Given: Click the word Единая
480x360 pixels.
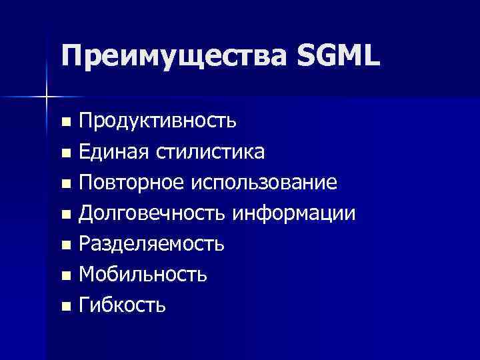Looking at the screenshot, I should click(x=115, y=152).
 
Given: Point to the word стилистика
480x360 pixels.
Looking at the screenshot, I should click(x=211, y=152).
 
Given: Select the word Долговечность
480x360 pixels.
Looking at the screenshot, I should click(x=153, y=213).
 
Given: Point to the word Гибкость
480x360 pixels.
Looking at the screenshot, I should click(x=122, y=305).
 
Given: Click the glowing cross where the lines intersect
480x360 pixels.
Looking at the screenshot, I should click(x=46, y=97).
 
